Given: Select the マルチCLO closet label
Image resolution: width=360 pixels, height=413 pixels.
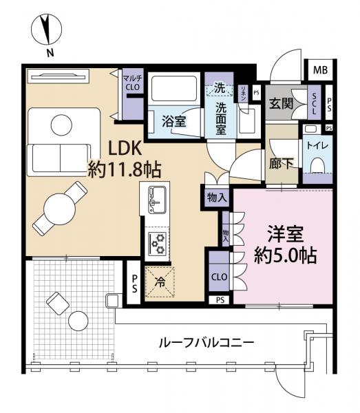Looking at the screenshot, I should point(131,83).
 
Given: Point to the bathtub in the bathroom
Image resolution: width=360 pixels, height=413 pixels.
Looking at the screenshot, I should point(172,89).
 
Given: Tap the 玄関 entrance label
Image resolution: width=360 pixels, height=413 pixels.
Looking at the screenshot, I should point(282,103).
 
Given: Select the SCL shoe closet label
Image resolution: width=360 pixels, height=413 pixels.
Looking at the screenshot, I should point(315,103).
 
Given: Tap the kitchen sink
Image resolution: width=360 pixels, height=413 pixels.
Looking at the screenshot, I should point(156,200).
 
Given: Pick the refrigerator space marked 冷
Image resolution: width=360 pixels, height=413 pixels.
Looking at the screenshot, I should point(160,281).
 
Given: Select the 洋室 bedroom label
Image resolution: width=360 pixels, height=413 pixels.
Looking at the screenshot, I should point(283,233).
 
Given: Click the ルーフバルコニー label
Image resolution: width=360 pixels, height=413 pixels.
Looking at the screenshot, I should point(207,342).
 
